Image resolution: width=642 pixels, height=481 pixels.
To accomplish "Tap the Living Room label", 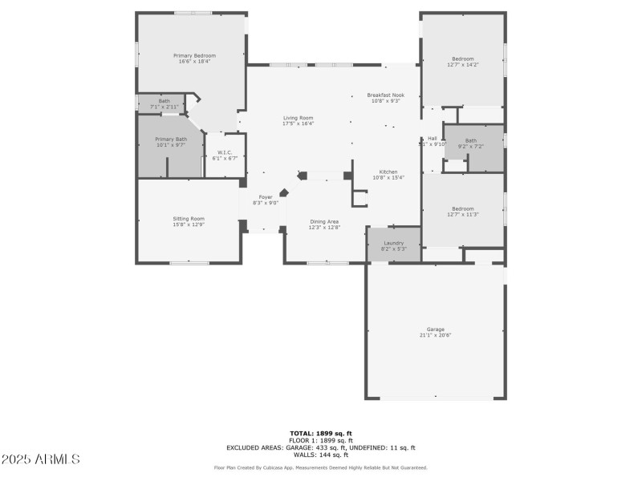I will (x=298, y=118).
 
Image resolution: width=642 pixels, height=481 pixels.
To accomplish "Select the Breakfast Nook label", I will (x=385, y=95).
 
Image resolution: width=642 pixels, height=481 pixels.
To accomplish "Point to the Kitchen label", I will (x=388, y=172).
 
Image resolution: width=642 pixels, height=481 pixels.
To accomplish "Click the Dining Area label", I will (x=324, y=221).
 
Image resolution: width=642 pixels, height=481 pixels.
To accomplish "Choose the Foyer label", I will (x=265, y=197).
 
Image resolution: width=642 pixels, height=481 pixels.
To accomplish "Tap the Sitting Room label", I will (x=189, y=219).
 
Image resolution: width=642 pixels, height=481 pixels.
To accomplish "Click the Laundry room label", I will (x=392, y=242).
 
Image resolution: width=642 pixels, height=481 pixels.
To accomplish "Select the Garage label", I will (x=435, y=329).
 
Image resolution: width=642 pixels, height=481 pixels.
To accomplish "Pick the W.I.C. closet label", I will (x=224, y=152).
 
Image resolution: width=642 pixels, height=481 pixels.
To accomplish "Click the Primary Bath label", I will (x=170, y=139).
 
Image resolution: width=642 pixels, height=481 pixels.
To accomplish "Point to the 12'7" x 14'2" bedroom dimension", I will (x=462, y=65).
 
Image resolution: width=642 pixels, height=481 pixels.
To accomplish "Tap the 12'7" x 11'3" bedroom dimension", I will (x=462, y=215).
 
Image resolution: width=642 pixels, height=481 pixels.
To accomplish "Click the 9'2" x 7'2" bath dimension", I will (x=470, y=147).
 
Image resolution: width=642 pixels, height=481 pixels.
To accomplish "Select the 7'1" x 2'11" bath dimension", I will (x=164, y=107).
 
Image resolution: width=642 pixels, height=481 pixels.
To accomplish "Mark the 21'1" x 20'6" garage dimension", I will (x=435, y=335).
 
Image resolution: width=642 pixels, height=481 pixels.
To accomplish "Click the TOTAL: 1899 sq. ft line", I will (x=320, y=433).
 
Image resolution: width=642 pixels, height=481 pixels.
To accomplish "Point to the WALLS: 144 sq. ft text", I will (x=320, y=455).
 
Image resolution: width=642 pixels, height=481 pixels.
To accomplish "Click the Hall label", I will (x=432, y=139).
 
